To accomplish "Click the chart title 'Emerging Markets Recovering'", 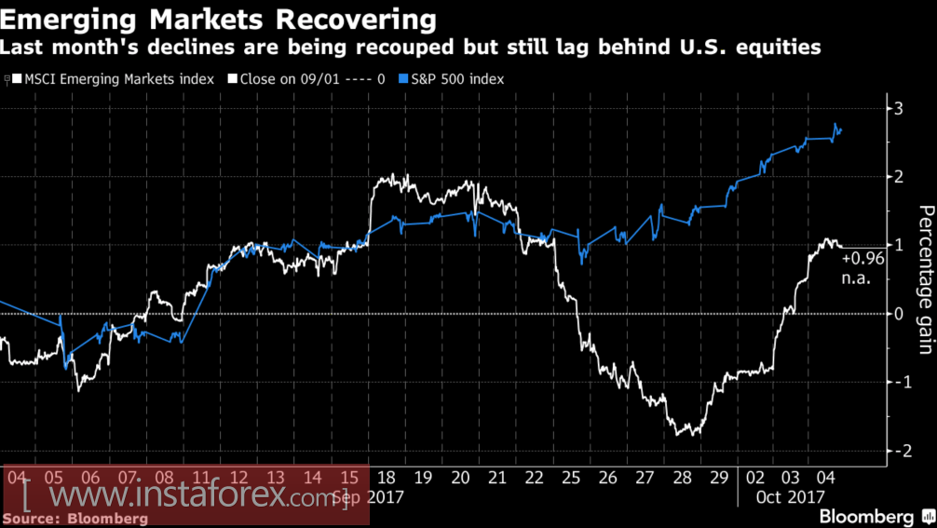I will click(218, 19).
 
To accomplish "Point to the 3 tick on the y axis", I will click(898, 109).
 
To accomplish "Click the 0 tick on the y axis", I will click(898, 314).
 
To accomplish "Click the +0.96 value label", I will click(862, 260).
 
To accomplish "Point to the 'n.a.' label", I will click(856, 277).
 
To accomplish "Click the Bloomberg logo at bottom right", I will click(865, 516).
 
